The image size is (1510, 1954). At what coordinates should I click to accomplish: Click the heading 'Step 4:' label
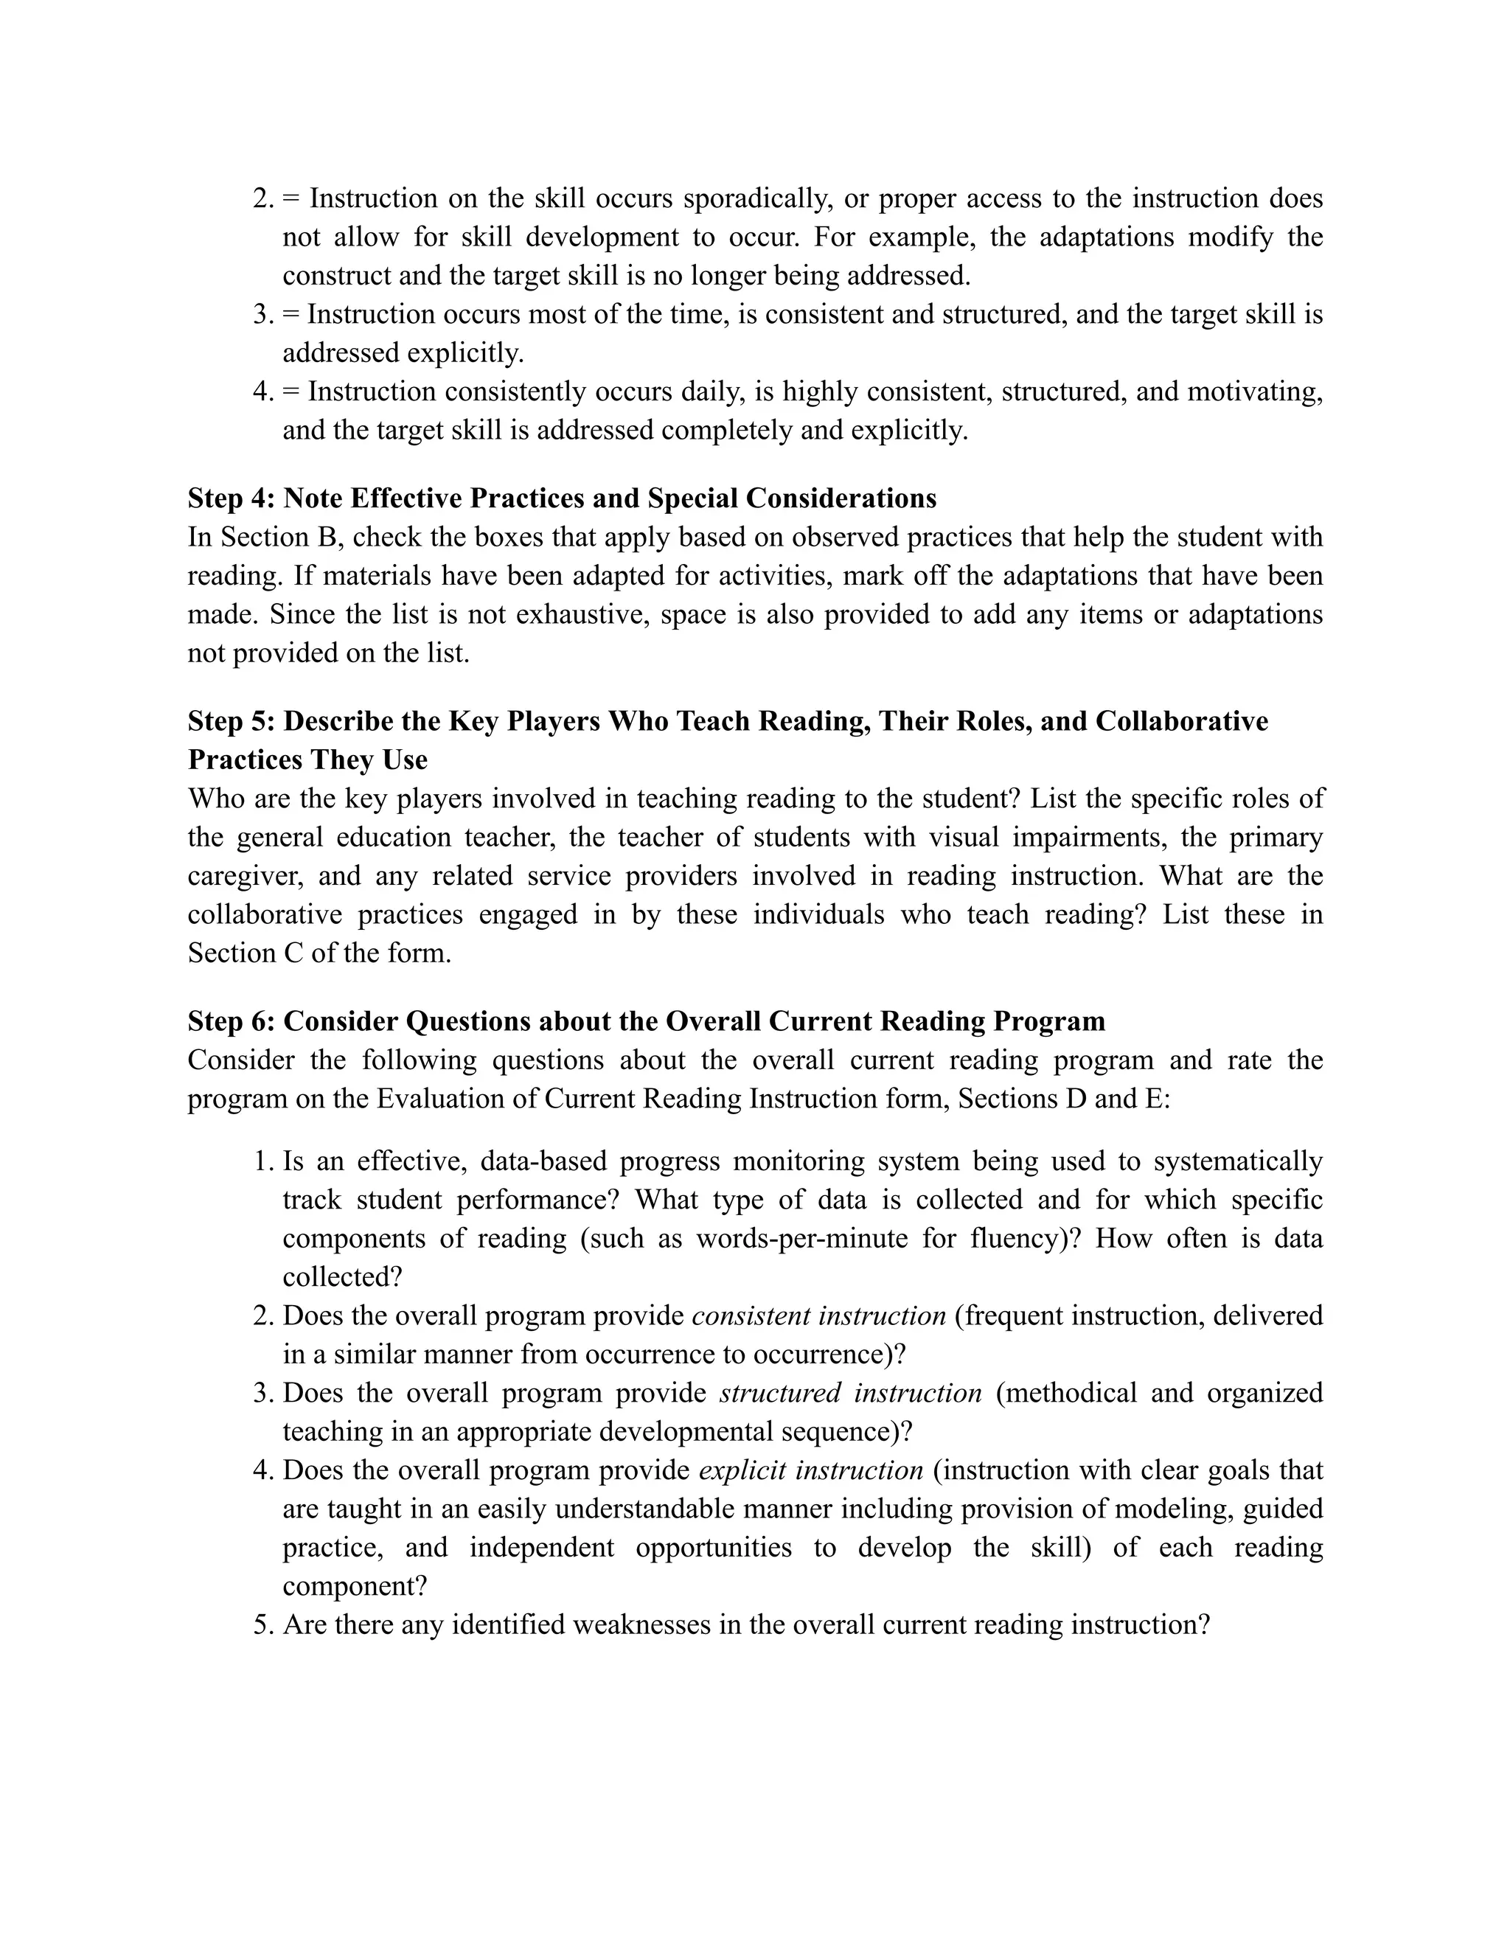[x=231, y=498]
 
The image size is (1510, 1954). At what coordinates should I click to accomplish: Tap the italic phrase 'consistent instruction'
[x=818, y=1315]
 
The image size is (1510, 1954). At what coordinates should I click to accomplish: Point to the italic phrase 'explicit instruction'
[x=810, y=1470]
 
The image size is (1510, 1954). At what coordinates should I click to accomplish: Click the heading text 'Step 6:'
[x=231, y=1021]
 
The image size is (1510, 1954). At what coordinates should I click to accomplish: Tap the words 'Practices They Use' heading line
[x=307, y=759]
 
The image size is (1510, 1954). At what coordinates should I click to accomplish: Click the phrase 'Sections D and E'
[x=1062, y=1099]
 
